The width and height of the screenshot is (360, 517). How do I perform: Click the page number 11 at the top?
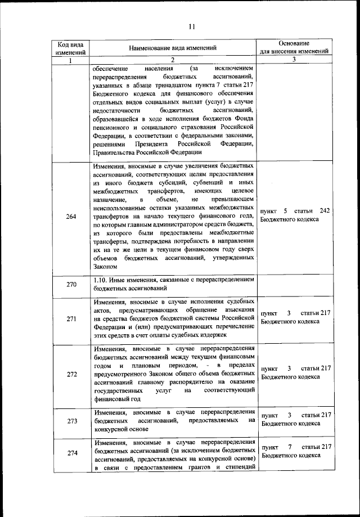pyautogui.click(x=191, y=26)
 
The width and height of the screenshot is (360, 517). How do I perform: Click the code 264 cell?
pyautogui.click(x=71, y=217)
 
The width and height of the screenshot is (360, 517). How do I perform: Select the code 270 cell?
pyautogui.click(x=71, y=284)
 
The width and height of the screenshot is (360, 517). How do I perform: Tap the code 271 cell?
pyautogui.click(x=71, y=319)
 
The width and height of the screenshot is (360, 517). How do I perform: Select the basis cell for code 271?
pyautogui.click(x=295, y=317)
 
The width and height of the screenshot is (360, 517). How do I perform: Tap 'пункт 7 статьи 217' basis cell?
pyautogui.click(x=295, y=451)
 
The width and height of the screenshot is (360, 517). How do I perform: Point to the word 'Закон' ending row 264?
pyautogui.click(x=105, y=267)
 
